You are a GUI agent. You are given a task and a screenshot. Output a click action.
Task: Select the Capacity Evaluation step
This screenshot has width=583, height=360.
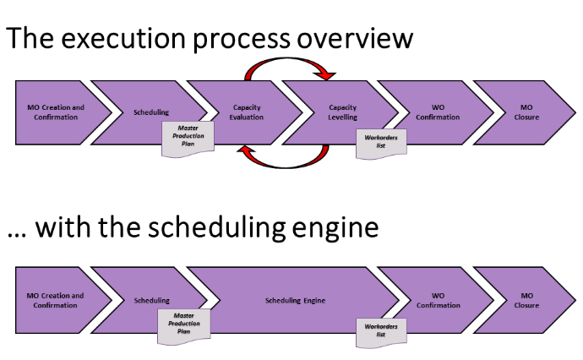(248, 112)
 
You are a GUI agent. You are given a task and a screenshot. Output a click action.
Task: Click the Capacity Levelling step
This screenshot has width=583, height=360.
(343, 112)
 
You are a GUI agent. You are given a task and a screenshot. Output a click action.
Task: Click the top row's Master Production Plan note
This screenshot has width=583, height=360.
(187, 137)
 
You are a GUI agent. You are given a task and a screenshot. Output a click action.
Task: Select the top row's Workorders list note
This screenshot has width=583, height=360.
(379, 143)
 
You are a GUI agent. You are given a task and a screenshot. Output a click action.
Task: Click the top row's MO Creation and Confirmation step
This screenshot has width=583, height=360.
(56, 112)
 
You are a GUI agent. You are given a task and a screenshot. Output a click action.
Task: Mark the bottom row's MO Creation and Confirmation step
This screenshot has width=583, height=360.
(56, 300)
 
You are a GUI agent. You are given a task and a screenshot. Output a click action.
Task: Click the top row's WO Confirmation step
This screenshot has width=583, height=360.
(438, 112)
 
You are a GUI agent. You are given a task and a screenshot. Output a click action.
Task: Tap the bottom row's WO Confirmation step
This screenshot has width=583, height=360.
(438, 300)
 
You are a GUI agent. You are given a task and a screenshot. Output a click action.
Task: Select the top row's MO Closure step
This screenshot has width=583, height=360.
(526, 112)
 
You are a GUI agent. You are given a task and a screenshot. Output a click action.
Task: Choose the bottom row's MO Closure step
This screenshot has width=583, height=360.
(526, 300)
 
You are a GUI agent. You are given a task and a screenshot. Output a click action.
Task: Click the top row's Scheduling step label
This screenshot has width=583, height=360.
(152, 112)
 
